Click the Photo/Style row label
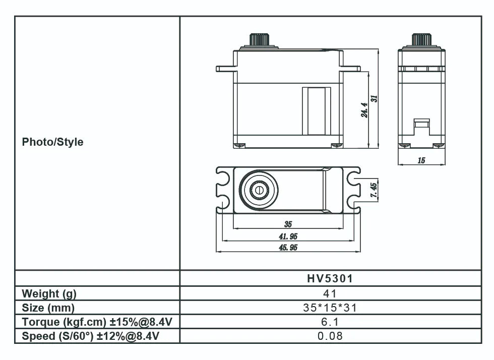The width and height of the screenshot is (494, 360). point(52,142)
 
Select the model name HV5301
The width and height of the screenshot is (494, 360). point(330,279)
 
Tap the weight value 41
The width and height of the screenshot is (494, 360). point(330,293)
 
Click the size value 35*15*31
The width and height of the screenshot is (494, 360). point(330,308)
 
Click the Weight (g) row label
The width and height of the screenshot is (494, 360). point(49,293)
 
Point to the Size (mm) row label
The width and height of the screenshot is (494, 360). point(48,308)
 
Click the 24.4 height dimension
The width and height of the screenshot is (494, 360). point(365,109)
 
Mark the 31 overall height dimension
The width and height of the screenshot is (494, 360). point(375,99)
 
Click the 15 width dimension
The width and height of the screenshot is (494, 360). point(421,160)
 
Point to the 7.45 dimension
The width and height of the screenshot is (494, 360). point(374,191)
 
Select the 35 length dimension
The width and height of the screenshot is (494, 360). point(288,224)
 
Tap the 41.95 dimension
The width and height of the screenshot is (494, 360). point(288,236)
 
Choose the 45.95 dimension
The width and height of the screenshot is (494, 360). point(288,247)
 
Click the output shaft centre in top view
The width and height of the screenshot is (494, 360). point(260,191)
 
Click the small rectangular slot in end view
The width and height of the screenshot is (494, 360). point(421,122)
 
